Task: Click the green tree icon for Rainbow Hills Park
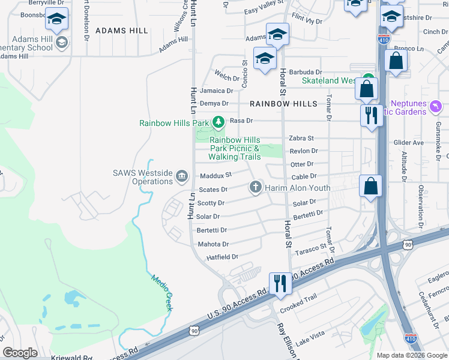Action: (x=218, y=122)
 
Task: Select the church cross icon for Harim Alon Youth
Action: (x=255, y=187)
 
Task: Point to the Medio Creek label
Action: (x=162, y=292)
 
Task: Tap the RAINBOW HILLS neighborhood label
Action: (x=283, y=104)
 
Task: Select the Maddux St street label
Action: (x=215, y=175)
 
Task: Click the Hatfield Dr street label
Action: (x=222, y=257)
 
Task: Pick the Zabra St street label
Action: (x=301, y=138)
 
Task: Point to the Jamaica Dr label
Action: (x=216, y=91)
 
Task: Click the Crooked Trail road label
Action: (x=298, y=305)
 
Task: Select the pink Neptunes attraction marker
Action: (x=436, y=106)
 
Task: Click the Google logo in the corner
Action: (x=20, y=353)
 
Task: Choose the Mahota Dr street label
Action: (x=213, y=244)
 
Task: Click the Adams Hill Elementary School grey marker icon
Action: (x=61, y=43)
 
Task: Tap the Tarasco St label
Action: (x=310, y=246)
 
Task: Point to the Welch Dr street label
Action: (x=228, y=77)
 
